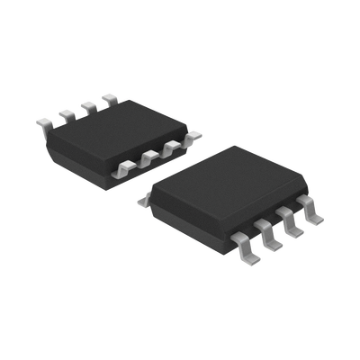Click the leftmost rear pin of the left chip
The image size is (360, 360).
(x=45, y=121)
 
